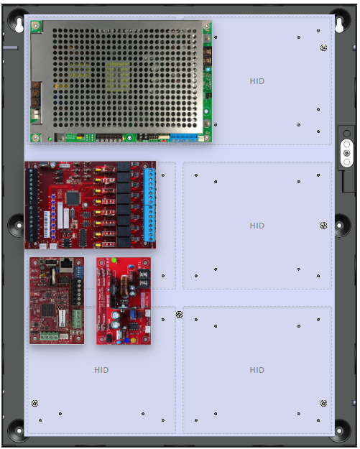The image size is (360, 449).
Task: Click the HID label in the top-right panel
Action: [257, 81]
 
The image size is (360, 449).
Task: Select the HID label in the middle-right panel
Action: [257, 226]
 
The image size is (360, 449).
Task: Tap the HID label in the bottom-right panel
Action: [257, 370]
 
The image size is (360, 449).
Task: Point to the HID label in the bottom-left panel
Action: [101, 370]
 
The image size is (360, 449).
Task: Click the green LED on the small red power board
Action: [114, 260]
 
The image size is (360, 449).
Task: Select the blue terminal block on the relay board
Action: [149, 205]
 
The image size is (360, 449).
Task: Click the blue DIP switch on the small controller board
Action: [60, 317]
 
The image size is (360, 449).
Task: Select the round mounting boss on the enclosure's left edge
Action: [17, 225]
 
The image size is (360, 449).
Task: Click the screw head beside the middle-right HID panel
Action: [323, 226]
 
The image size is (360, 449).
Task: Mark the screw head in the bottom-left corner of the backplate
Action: [34, 402]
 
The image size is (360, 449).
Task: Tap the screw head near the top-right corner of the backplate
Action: [323, 48]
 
